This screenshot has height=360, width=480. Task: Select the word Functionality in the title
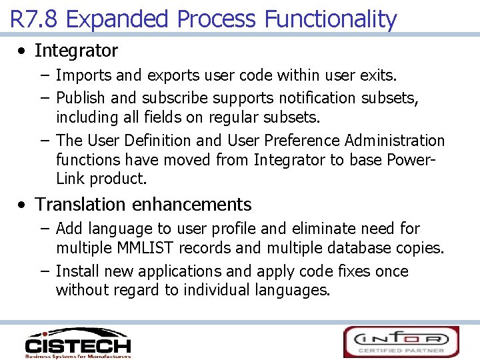coord(331,19)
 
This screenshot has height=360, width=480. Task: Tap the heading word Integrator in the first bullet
coord(76,51)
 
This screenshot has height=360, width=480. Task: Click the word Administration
coord(395,141)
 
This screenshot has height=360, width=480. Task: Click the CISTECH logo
coord(77,343)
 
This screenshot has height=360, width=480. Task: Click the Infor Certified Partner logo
coord(401,341)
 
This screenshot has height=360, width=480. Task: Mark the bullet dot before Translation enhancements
coord(23,205)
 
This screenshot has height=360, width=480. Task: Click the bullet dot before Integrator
coord(23,51)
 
